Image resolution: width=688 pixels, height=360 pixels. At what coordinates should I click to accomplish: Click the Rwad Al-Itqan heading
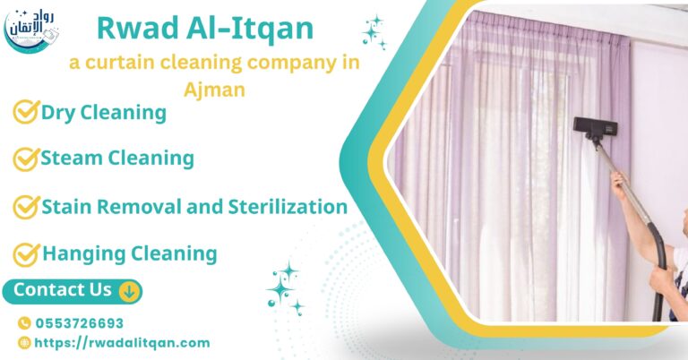205,29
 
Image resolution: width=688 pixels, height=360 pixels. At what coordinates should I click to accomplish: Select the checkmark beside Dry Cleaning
25,113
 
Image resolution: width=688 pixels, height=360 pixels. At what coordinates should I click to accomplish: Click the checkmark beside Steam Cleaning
25,159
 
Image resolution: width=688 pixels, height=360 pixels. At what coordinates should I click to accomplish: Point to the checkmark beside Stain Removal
25,207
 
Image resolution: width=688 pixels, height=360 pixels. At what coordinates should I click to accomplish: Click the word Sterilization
286,207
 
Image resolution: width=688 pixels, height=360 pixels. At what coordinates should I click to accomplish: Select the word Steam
71,159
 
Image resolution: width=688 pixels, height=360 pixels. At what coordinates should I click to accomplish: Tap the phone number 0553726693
79,323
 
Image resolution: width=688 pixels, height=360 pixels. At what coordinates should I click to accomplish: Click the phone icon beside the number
24,323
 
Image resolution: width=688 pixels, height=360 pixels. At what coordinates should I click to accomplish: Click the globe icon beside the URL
24,342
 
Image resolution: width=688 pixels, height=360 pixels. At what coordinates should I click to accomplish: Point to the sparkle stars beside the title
373,31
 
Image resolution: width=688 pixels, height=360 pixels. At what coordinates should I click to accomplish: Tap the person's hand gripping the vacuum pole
620,184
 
